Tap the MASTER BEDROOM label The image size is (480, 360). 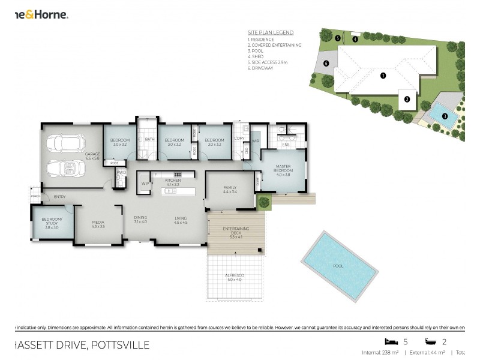click(283, 169)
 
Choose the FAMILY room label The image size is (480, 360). click(230, 188)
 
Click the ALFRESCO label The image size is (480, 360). click(235, 277)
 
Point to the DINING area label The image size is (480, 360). click(140, 219)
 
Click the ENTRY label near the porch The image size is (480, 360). click(59, 197)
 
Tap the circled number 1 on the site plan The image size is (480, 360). click(383, 76)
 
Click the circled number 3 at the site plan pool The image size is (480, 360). click(445, 116)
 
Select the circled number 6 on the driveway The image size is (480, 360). click(326, 63)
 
